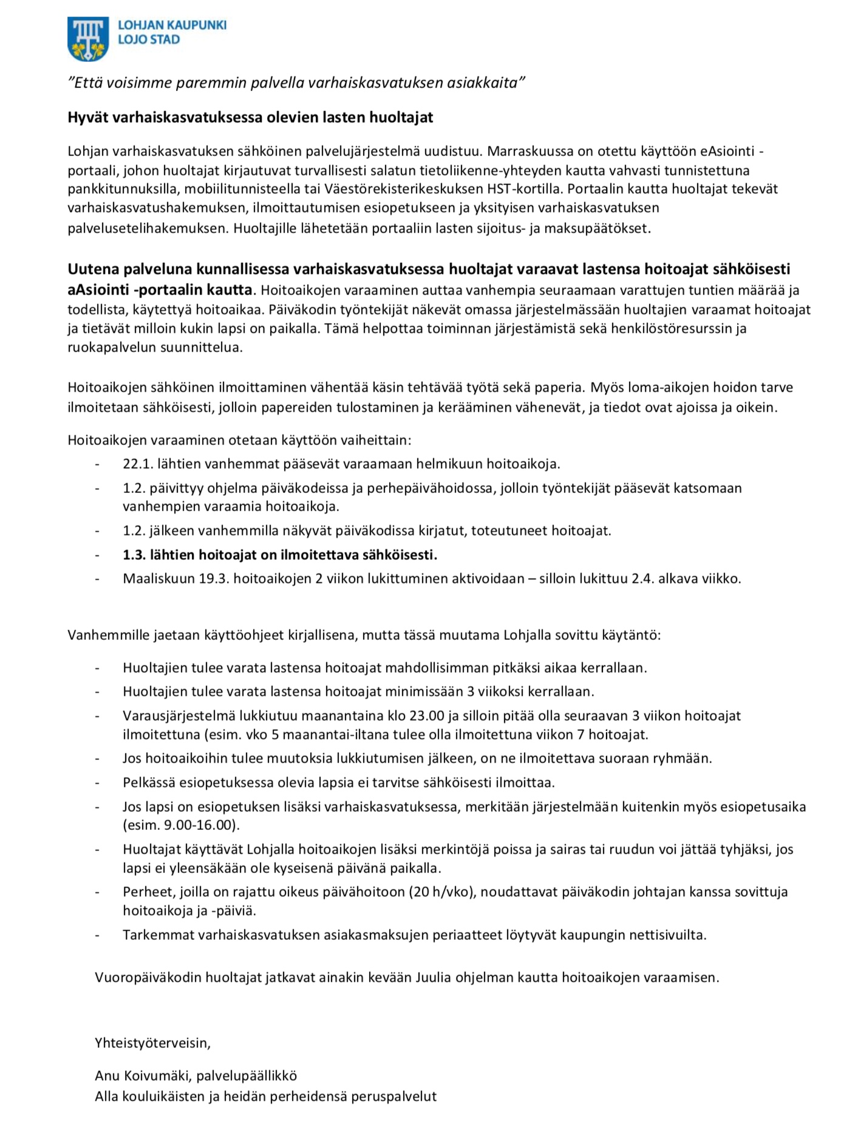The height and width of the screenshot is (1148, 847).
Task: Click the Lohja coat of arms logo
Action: [88, 38]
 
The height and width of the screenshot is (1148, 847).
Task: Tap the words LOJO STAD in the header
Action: [149, 40]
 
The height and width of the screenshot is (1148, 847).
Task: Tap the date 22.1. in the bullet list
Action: [137, 464]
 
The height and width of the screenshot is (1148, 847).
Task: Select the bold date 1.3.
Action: [134, 554]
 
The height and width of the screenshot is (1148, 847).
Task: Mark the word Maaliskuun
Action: [158, 578]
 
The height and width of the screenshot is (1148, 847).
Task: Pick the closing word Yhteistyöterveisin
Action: [152, 1043]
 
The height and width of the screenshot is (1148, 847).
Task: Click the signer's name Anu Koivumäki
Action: [141, 1076]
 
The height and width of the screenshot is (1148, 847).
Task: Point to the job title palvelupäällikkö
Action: [247, 1076]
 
